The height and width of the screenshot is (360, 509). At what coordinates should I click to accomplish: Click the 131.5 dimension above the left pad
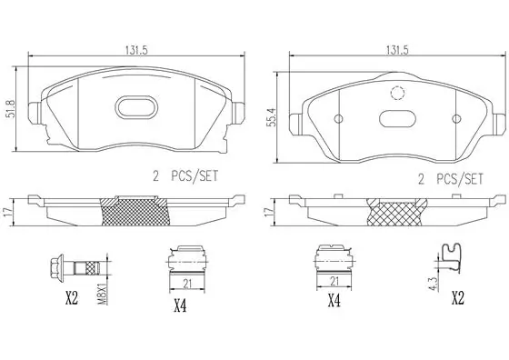(136, 50)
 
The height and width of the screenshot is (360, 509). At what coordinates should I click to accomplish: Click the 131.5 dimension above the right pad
(397, 50)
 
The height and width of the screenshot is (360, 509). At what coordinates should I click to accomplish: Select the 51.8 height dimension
(10, 109)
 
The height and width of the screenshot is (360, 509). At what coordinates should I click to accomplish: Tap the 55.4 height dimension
(271, 117)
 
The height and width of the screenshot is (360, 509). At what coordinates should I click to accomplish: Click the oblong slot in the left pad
(136, 106)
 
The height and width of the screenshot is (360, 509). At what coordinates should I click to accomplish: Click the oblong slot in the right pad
(397, 118)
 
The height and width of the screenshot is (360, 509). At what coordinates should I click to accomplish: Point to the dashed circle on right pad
(397, 94)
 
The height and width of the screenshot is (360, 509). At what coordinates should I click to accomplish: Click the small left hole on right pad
(338, 119)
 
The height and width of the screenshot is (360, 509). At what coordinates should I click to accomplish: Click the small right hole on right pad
(456, 119)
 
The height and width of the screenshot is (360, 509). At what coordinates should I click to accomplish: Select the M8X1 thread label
(102, 295)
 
